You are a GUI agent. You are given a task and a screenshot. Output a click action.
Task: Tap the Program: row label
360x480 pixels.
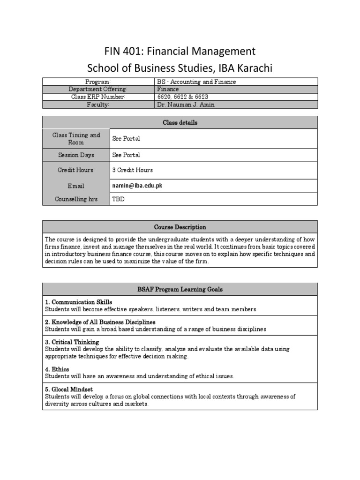tap(98, 82)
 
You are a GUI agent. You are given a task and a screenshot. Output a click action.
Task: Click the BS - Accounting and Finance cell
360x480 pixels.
tap(196, 82)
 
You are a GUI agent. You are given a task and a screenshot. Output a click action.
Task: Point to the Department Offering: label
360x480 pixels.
tap(98, 89)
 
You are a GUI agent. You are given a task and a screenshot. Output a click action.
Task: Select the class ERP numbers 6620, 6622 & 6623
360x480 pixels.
tap(183, 97)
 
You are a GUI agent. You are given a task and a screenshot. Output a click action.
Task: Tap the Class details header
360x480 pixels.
tap(180, 122)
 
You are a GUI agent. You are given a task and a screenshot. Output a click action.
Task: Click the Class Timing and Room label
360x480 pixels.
tap(76, 139)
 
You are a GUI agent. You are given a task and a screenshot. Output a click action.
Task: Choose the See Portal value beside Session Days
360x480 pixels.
tap(126, 155)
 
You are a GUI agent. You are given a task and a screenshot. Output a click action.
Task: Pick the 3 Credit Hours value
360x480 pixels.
tap(132, 170)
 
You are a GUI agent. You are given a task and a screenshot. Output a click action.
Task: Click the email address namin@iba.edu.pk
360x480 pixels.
tap(137, 186)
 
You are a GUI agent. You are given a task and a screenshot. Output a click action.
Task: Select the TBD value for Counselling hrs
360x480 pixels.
tap(118, 199)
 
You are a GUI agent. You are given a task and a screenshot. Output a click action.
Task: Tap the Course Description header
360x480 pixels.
tap(180, 227)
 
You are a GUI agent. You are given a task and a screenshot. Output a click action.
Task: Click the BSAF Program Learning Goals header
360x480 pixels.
tap(180, 289)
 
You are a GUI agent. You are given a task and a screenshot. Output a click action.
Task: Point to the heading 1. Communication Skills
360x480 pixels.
tap(78, 302)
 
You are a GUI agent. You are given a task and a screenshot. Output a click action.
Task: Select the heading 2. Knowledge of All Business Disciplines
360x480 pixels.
tap(100, 322)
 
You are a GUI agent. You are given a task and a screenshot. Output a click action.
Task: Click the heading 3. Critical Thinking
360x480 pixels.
tap(72, 342)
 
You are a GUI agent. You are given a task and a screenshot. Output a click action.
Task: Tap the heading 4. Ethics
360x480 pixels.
tap(57, 369)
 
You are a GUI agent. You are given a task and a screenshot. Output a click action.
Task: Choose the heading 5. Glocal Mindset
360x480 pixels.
tap(69, 390)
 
